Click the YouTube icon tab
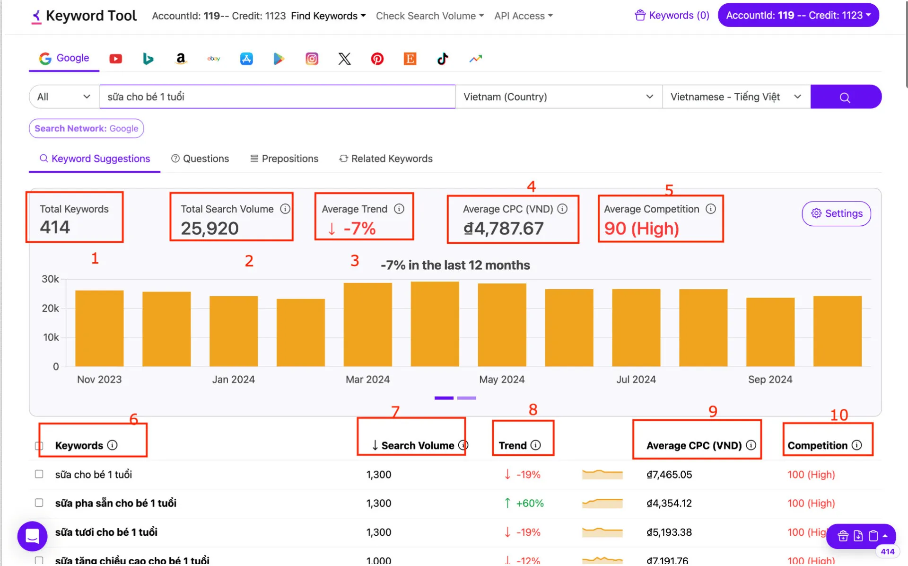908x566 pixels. click(116, 59)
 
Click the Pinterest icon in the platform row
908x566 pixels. click(377, 59)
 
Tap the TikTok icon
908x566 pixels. click(442, 59)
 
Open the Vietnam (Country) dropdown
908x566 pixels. click(558, 97)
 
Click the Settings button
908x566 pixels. click(836, 213)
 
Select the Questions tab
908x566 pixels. click(200, 159)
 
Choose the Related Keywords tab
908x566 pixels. click(386, 159)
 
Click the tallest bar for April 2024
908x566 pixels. click(435, 324)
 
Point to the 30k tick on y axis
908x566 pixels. click(50, 279)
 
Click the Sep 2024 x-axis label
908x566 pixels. click(770, 380)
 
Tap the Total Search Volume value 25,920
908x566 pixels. click(210, 229)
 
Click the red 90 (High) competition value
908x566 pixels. click(641, 229)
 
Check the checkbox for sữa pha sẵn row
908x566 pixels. click(39, 503)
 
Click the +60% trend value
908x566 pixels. click(530, 504)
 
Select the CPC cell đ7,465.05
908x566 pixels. click(669, 475)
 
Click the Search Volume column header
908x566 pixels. click(417, 446)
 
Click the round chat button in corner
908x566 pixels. click(32, 536)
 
